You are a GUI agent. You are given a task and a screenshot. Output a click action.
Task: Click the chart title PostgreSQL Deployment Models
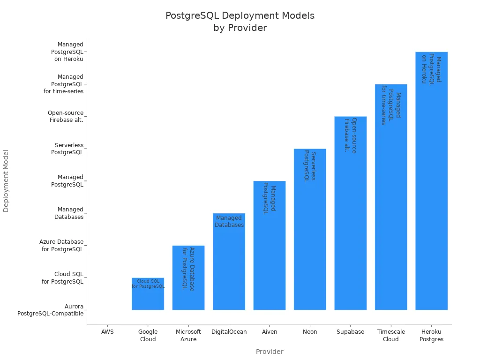coord(240,15)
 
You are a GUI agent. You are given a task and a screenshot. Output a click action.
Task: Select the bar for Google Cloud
coord(148,298)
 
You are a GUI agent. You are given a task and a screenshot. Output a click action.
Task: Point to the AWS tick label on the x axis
coord(107,332)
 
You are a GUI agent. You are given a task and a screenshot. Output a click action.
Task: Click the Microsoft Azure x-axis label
coord(188,336)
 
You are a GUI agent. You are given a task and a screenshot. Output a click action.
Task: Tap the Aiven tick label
coord(270,332)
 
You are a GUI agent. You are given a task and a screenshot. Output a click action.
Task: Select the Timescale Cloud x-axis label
coord(391,336)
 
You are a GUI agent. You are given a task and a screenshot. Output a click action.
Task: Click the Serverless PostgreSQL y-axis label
coord(69,149)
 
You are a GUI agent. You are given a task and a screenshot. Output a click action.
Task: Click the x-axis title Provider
coord(270,352)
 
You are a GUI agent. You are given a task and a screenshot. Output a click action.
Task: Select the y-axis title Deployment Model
coord(6,180)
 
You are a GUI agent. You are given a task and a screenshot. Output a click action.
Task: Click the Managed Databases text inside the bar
coord(229,221)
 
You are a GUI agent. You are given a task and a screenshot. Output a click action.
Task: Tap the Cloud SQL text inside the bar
coord(148,284)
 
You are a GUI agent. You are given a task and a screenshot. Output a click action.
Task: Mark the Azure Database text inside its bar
coord(188,269)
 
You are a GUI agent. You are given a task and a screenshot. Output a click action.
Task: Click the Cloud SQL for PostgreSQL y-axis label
coord(62,277)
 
